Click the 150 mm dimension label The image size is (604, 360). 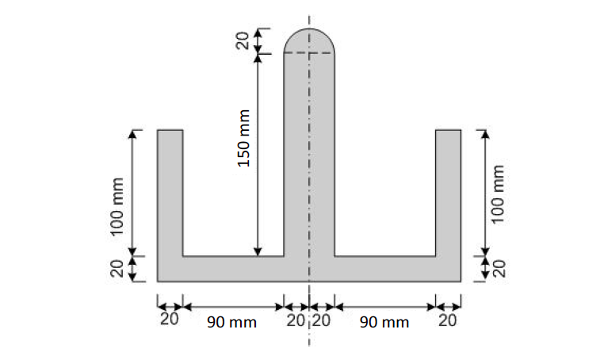244,138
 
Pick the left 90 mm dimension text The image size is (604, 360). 231,322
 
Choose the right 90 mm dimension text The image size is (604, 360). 384,322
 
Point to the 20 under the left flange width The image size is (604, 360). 169,320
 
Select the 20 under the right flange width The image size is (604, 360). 448,320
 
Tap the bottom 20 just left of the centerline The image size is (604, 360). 296,320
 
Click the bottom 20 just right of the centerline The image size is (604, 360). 321,320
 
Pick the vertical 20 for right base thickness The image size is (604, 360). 499,269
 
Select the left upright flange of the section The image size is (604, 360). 170,190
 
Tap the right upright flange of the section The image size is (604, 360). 449,190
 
